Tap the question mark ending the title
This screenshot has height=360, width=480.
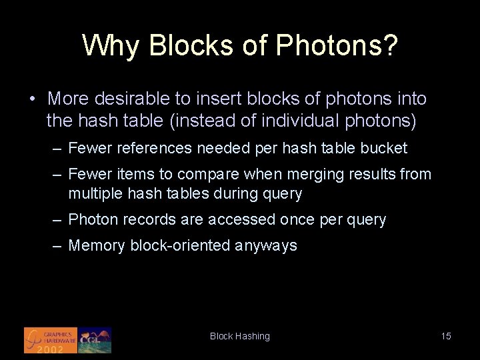(391, 45)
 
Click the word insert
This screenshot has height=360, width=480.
(216, 99)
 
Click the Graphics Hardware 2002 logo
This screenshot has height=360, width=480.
(51, 340)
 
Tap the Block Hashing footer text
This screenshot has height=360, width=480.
(240, 337)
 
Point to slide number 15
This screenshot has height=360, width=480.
(446, 336)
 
